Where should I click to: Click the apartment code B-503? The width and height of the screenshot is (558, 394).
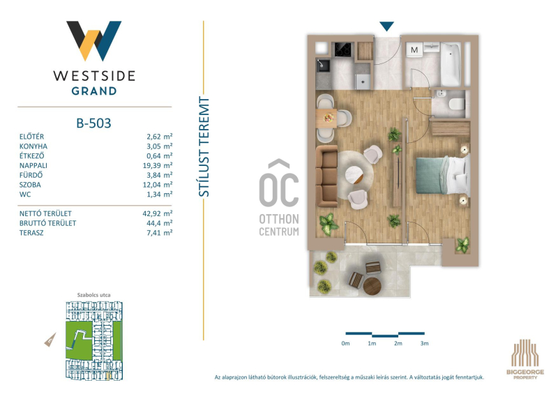tap(93, 123)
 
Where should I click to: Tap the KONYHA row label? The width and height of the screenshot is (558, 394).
tap(33, 146)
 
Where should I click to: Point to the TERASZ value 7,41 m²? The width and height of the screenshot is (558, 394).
tap(160, 233)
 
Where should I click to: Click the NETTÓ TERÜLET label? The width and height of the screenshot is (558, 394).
tap(45, 213)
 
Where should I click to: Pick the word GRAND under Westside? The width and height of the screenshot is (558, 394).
tap(94, 91)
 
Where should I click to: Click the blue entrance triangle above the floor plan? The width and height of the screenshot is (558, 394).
tap(386, 26)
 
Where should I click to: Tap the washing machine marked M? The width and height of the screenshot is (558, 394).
tap(414, 50)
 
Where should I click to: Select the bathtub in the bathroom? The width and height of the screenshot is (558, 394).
tap(451, 64)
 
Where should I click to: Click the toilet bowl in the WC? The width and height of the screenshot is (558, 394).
tap(457, 105)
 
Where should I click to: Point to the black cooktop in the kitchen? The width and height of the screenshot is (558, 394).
tap(343, 50)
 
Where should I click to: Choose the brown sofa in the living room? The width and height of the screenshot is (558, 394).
tap(326, 176)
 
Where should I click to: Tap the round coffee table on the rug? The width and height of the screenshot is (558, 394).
tap(354, 175)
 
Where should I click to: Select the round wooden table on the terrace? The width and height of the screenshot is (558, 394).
tap(372, 287)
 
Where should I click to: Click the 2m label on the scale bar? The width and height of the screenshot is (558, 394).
tap(398, 344)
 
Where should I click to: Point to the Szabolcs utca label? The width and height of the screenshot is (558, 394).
tap(94, 295)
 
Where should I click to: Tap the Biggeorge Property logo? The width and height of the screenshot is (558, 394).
tap(525, 359)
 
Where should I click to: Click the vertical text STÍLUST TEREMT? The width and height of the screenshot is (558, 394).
tap(204, 146)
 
